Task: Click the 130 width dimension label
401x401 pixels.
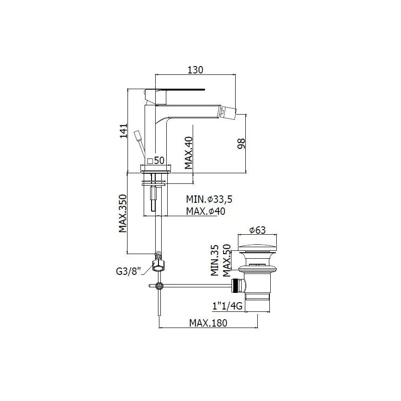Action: [196, 70]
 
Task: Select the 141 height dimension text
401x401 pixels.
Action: [123, 131]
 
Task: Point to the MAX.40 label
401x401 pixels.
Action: [188, 153]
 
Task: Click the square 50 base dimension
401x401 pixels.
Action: [156, 161]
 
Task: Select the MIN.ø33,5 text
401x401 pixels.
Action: [209, 200]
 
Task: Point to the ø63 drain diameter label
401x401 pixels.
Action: [257, 230]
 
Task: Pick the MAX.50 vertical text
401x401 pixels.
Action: [226, 260]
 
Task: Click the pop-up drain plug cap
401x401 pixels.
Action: [257, 245]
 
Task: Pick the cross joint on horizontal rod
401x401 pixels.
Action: [159, 286]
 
